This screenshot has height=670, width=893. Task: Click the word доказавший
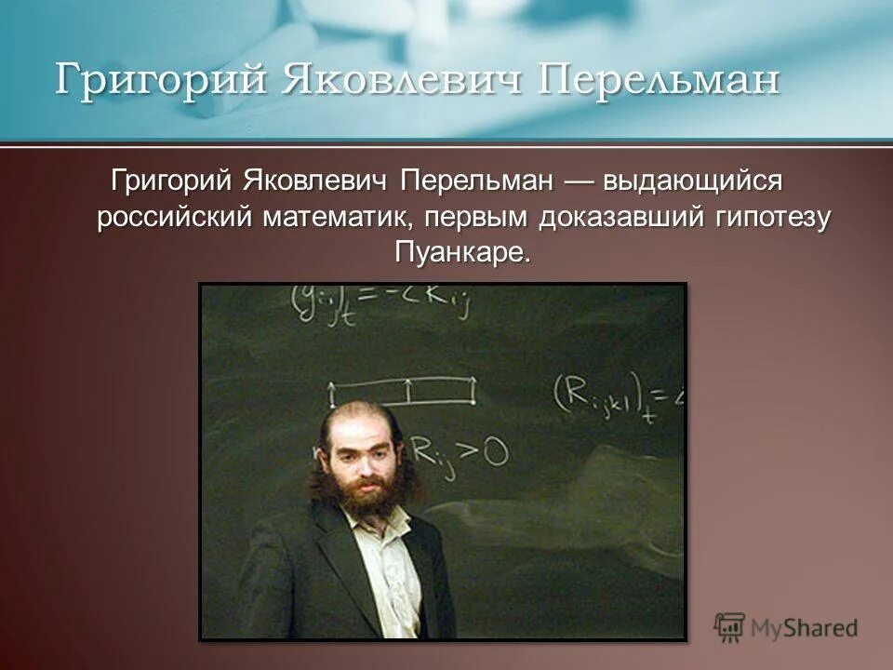tap(624, 218)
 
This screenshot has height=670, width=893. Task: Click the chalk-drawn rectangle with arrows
tap(403, 392)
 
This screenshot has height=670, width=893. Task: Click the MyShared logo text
tap(805, 627)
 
